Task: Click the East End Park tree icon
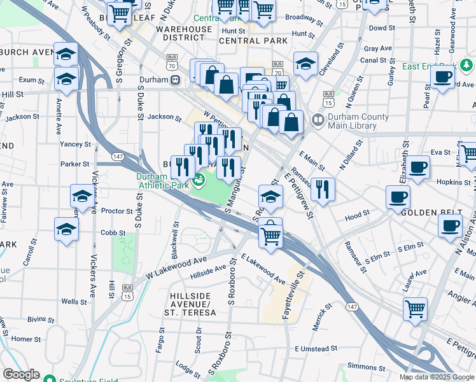tap(466, 66)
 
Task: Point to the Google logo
tap(21, 374)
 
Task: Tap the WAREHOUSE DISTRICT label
tap(184, 33)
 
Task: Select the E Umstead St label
tap(316, 349)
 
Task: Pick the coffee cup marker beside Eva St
tap(418, 167)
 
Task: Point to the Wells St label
tap(74, 302)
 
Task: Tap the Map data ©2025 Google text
tap(436, 377)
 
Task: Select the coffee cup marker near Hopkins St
tap(398, 196)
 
